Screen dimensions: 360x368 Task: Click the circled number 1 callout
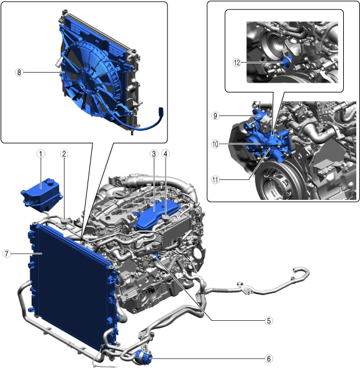click(x=40, y=154)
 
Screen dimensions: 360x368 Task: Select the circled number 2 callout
click(x=64, y=154)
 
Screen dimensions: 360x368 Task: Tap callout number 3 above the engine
click(x=154, y=154)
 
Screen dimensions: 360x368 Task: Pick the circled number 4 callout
click(x=166, y=154)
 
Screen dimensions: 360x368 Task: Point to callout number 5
click(x=269, y=321)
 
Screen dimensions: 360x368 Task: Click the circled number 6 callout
click(x=269, y=359)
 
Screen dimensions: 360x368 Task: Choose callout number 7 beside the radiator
click(x=7, y=254)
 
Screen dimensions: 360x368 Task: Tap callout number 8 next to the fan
click(x=19, y=72)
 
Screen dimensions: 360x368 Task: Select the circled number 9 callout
click(x=215, y=115)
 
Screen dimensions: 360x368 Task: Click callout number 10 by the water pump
click(x=215, y=144)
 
